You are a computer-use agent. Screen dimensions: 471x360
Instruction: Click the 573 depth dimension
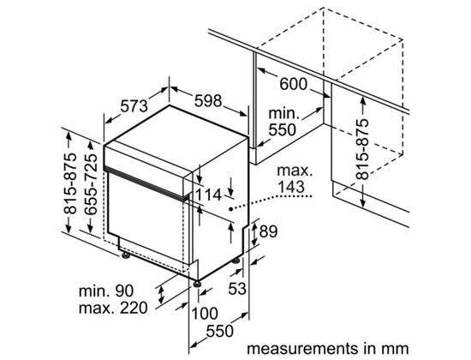tap(134, 106)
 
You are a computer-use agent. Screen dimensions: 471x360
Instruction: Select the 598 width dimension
tap(208, 101)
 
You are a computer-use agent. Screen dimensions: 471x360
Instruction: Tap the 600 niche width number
tap(293, 84)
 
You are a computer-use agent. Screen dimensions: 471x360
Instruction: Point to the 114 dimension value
tap(208, 195)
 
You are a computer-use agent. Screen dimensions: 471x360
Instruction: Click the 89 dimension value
tap(268, 231)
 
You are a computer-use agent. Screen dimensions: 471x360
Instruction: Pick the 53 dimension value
tap(237, 288)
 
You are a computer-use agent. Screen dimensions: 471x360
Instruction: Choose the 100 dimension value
tap(205, 314)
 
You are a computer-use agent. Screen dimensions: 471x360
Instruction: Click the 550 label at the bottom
tap(219, 331)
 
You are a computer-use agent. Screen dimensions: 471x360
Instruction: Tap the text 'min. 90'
tap(105, 291)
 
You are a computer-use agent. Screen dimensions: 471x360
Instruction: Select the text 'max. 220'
tap(113, 308)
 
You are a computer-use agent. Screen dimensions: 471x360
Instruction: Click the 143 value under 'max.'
tap(291, 187)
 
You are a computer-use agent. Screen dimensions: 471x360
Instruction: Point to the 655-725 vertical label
tap(91, 184)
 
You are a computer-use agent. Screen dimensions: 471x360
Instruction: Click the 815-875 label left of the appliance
tap(70, 183)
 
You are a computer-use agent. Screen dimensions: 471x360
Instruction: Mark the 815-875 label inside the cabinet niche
tap(361, 149)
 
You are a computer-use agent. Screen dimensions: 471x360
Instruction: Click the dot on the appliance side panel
tap(230, 209)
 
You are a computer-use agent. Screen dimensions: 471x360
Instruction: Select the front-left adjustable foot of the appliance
tap(126, 255)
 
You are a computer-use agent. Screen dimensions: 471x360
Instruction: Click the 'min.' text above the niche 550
tap(283, 113)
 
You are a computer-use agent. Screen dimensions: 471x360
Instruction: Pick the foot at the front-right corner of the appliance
tap(197, 284)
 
